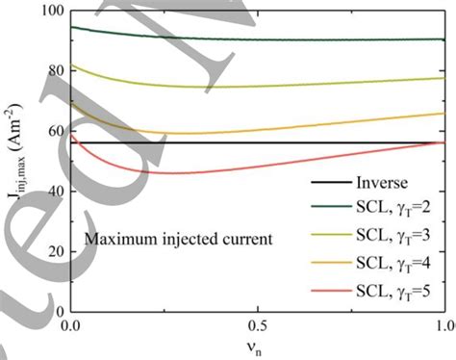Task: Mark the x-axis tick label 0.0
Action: pyautogui.click(x=70, y=327)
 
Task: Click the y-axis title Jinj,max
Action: pyautogui.click(x=16, y=164)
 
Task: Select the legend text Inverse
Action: pyautogui.click(x=384, y=181)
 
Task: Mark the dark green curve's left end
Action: pyautogui.click(x=71, y=27)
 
